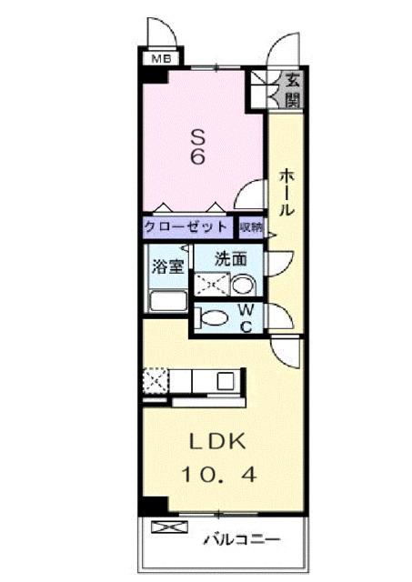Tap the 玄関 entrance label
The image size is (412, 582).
tap(293, 88)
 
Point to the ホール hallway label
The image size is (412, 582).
tap(285, 192)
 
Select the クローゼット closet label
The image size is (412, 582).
tap(188, 226)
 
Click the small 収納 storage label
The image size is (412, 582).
tap(251, 226)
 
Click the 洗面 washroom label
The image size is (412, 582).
tap(229, 259)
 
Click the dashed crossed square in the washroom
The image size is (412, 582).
tap(211, 286)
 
